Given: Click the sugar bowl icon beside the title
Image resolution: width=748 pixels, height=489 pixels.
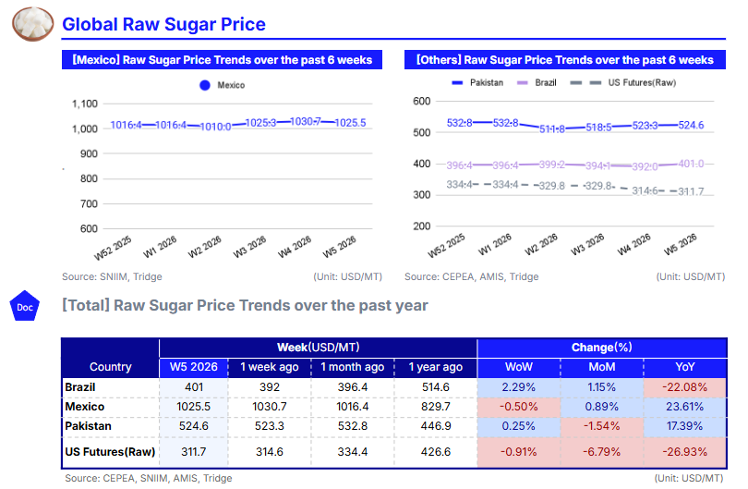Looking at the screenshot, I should point(31,23).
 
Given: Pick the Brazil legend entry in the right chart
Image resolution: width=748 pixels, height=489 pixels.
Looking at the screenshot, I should point(540,83).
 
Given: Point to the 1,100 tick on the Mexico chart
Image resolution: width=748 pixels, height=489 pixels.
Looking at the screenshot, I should point(85,104).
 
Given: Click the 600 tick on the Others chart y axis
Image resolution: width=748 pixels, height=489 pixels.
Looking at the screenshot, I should point(420,101).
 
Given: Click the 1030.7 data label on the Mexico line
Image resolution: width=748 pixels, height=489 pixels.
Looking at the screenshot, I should point(306,122).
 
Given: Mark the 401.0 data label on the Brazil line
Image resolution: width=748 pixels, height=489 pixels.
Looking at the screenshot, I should point(691,164).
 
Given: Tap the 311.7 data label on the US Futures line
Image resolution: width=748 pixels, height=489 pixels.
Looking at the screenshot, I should point(691,191).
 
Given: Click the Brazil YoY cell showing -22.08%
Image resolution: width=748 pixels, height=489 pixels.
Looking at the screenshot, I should point(685,387).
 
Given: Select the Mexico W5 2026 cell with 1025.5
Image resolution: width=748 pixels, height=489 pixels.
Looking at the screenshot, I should point(193,407).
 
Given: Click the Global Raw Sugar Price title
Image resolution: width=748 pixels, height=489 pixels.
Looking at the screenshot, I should point(163,25).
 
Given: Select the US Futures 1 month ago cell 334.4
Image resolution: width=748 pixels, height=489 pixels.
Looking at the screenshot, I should point(352,451).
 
